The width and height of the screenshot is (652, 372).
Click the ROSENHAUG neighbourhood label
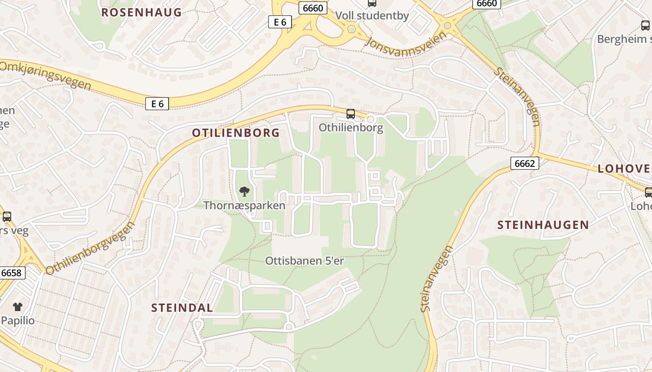click(x=141, y=13)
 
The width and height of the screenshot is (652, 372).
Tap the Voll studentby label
click(x=372, y=16)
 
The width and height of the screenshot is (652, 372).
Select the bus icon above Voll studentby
click(x=372, y=3)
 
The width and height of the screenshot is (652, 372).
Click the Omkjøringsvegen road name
click(x=45, y=75)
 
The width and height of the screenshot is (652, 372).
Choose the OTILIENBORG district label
click(x=236, y=133)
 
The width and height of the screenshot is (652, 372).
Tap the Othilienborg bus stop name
click(x=351, y=127)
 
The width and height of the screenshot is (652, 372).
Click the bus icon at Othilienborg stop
click(x=351, y=113)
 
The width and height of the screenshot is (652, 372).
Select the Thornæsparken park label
click(x=244, y=205)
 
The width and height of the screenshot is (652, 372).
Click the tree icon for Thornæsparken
click(x=244, y=191)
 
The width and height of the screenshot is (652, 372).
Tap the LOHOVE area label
click(x=624, y=168)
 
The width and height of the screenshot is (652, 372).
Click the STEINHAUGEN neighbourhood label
click(x=543, y=225)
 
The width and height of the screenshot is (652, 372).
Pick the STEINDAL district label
click(x=183, y=307)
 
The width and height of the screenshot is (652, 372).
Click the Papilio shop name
click(x=18, y=320)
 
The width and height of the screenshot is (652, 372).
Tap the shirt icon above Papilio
click(x=18, y=306)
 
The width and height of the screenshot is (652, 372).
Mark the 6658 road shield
click(x=12, y=273)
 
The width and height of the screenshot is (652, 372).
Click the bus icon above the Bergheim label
click(x=645, y=26)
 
